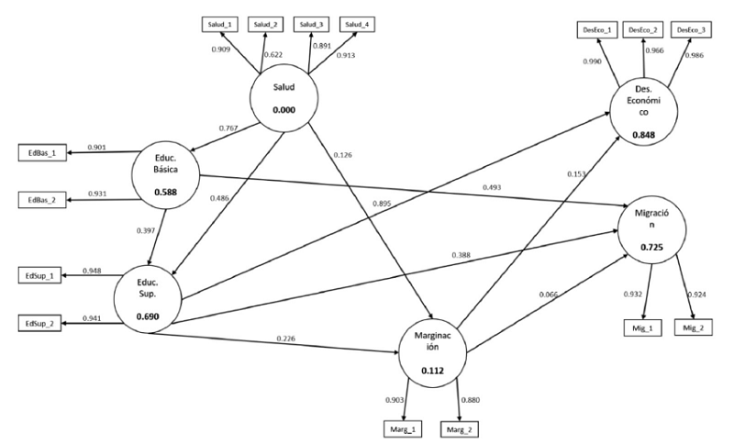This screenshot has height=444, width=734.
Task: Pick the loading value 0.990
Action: [593, 61]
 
